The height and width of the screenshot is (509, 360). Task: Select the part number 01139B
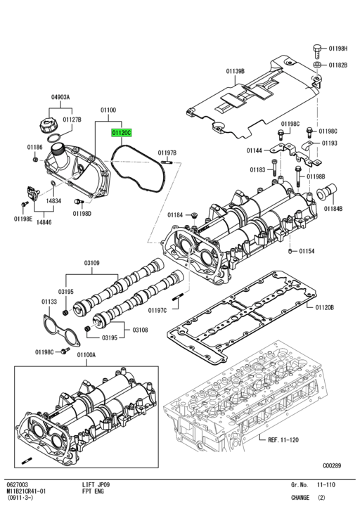(x=236, y=71)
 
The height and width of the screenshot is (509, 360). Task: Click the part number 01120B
(x=324, y=307)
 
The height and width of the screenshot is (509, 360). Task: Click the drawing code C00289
(x=333, y=465)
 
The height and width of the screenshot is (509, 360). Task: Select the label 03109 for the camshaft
(x=93, y=264)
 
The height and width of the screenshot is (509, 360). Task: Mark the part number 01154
(x=307, y=251)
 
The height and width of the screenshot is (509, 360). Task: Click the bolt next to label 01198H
(x=316, y=50)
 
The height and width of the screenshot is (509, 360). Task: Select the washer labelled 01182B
(x=317, y=65)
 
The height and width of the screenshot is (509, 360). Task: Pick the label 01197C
(x=158, y=310)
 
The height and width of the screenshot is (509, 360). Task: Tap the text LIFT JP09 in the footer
(x=95, y=484)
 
